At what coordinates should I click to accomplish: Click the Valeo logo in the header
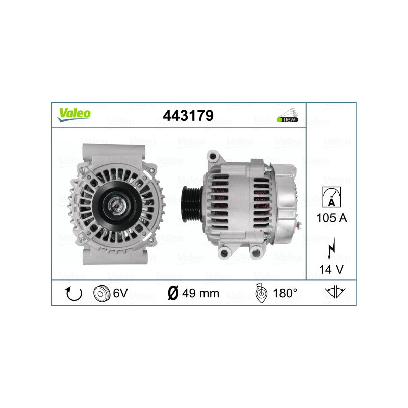[x=74, y=114]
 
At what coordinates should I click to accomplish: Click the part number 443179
[x=188, y=116]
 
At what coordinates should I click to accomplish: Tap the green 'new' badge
[x=288, y=119]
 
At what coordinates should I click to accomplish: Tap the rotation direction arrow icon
[x=73, y=293]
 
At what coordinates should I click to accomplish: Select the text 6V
[x=121, y=293]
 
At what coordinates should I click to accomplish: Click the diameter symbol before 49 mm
[x=172, y=293]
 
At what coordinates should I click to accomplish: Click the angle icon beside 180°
[x=260, y=293]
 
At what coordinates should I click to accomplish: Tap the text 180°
[x=285, y=293]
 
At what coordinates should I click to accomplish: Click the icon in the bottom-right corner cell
[x=335, y=293]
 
